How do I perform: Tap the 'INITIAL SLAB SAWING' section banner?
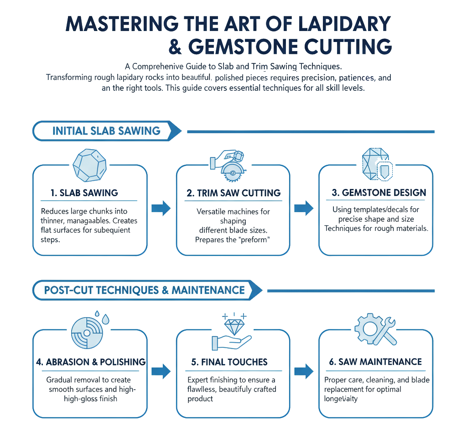coord(106,131)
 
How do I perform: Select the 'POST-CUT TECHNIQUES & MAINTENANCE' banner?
coord(144,290)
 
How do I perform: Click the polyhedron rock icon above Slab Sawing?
coord(90,164)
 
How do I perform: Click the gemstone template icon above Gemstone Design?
coord(375,164)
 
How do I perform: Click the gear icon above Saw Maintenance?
coord(367,329)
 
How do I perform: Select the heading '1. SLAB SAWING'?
coord(84,193)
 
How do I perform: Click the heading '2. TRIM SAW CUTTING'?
coord(233,193)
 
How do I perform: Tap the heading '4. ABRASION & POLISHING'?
coord(91,362)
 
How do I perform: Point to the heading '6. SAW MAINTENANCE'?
coord(375,362)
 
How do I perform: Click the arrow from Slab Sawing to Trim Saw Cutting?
coord(161,209)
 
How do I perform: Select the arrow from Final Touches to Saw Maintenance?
coord(304,371)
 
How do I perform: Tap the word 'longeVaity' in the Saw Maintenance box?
coord(341,398)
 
